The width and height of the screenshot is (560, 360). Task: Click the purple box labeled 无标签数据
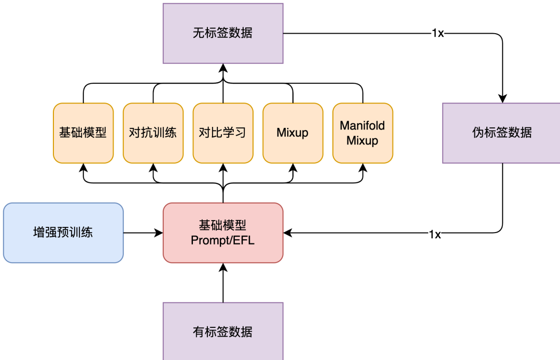pyautogui.click(x=223, y=34)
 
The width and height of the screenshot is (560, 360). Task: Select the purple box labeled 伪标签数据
pyautogui.click(x=501, y=133)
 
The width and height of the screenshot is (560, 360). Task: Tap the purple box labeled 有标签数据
pyautogui.click(x=223, y=331)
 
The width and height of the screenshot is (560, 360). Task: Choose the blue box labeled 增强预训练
pyautogui.click(x=63, y=233)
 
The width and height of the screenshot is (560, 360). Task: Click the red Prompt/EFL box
pyautogui.click(x=223, y=233)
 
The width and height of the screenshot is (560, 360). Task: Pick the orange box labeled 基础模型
pyautogui.click(x=83, y=133)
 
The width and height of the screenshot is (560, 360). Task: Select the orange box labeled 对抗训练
pyautogui.click(x=153, y=133)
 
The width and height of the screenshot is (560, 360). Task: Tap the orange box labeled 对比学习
pyautogui.click(x=223, y=133)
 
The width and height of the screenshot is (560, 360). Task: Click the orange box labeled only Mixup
pyautogui.click(x=292, y=133)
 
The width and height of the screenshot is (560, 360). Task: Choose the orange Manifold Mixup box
pyautogui.click(x=362, y=133)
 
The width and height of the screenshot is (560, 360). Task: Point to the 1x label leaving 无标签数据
pyautogui.click(x=438, y=34)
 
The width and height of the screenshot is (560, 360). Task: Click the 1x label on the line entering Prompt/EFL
pyautogui.click(x=435, y=234)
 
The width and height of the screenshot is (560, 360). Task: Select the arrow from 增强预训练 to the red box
pyautogui.click(x=143, y=233)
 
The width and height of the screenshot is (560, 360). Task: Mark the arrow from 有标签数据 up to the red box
pyautogui.click(x=223, y=283)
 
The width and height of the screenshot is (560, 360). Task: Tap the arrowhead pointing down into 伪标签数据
pyautogui.click(x=502, y=98)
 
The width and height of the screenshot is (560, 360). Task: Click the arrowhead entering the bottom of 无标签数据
pyautogui.click(x=223, y=68)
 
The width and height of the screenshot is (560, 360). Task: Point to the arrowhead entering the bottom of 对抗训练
pyautogui.click(x=153, y=167)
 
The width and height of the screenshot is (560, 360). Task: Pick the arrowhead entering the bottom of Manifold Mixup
pyautogui.click(x=362, y=167)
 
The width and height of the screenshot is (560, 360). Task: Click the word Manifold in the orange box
pyautogui.click(x=362, y=126)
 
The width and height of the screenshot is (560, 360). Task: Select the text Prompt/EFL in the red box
pyautogui.click(x=223, y=240)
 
